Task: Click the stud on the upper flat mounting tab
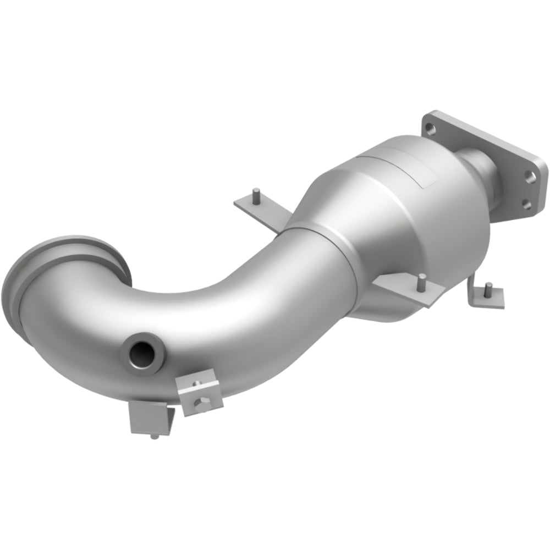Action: (257, 193)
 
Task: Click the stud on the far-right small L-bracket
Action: (487, 288)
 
